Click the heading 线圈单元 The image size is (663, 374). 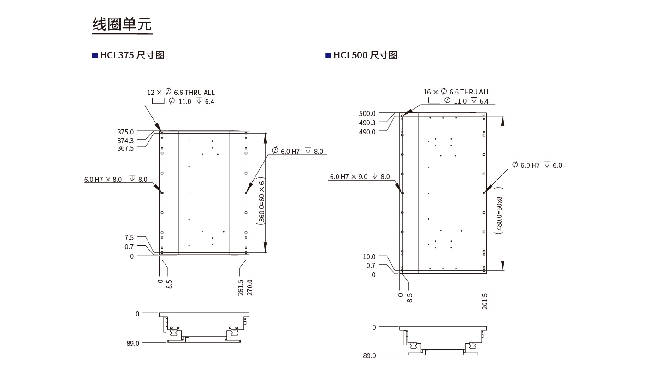point(122,24)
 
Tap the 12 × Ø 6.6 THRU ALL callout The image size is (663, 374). point(181,92)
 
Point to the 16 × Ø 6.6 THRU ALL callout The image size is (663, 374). point(456,92)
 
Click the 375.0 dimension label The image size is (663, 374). point(125,132)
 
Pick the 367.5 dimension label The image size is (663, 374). point(125,148)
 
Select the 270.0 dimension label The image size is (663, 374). point(250,287)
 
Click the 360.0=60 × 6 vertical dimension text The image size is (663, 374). point(261,202)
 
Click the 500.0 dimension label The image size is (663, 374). point(367,113)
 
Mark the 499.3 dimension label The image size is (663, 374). point(367,123)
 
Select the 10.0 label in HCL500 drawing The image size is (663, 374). point(369,257)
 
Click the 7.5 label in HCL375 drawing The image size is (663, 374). point(129,238)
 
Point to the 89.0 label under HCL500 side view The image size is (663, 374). point(369,356)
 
